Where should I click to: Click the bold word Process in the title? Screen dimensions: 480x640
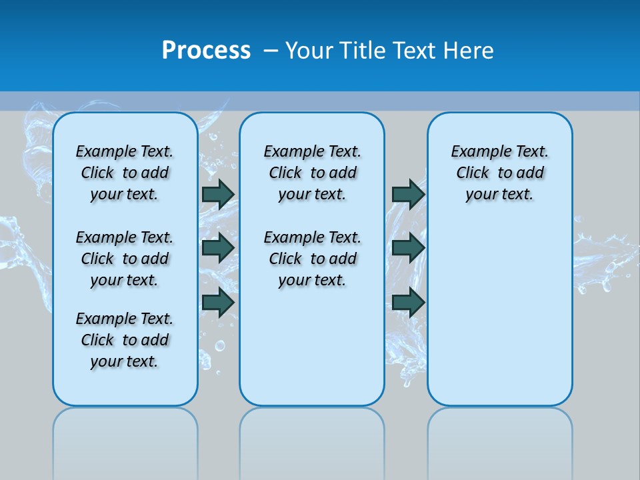pos(206,50)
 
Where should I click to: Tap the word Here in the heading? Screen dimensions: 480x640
pos(469,51)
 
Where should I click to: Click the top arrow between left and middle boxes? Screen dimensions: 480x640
pos(218,194)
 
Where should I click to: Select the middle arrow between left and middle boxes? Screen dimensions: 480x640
pos(218,248)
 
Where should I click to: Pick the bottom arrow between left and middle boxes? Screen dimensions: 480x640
pos(218,302)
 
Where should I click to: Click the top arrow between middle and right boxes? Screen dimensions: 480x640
pos(408,194)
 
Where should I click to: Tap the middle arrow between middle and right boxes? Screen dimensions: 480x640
pos(408,248)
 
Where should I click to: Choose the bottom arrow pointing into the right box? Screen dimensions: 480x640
pos(408,302)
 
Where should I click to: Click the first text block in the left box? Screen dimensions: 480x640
pos(125,173)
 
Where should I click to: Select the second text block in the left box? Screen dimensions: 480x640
pos(125,259)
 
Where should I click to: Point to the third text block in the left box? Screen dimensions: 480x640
pos(125,340)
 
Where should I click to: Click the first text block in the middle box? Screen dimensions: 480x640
pos(313,173)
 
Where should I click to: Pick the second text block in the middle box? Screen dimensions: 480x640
pos(313,259)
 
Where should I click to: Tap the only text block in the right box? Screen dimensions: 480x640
pos(500,173)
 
